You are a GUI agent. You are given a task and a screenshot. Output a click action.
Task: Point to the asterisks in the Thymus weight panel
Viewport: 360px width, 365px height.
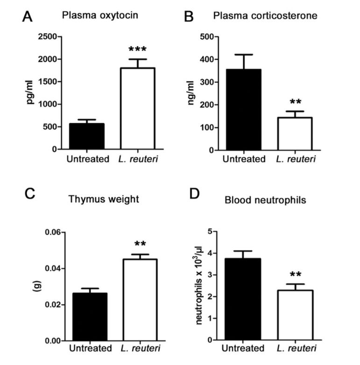[140, 244]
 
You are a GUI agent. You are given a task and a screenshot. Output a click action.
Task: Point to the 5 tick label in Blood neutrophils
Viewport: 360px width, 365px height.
[210, 232]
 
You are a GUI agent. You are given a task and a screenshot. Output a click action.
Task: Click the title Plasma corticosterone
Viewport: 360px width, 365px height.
[265, 16]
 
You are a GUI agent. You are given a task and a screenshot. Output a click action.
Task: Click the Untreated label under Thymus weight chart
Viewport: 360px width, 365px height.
[90, 349]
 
